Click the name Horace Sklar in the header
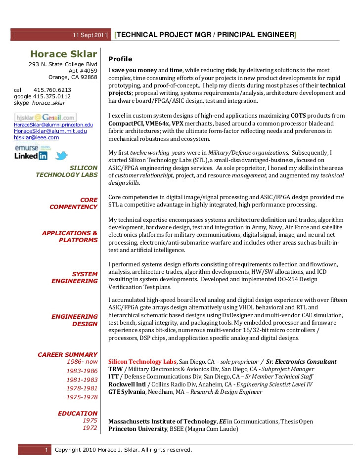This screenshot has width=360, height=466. tap(63, 54)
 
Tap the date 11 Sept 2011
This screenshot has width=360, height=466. tap(90, 35)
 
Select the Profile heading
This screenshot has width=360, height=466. tap(120, 59)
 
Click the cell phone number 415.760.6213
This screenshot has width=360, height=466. tap(52, 90)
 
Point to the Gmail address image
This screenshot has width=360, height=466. tap(45, 118)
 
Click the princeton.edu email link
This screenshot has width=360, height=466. tap(53, 125)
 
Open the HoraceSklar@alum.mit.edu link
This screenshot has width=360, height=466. tap(50, 131)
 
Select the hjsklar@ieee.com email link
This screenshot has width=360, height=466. tap(36, 138)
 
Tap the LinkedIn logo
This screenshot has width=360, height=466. tap(31, 156)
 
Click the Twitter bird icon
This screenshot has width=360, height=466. tap(61, 156)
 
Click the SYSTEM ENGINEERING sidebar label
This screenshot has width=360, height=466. tap(75, 278)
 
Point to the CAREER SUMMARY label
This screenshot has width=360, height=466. tap(68, 355)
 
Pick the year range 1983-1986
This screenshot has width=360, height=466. tap(82, 371)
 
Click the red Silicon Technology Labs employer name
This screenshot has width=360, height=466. tap(142, 362)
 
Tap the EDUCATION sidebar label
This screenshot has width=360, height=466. tap(78, 414)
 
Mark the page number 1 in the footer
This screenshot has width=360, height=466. tap(45, 450)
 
